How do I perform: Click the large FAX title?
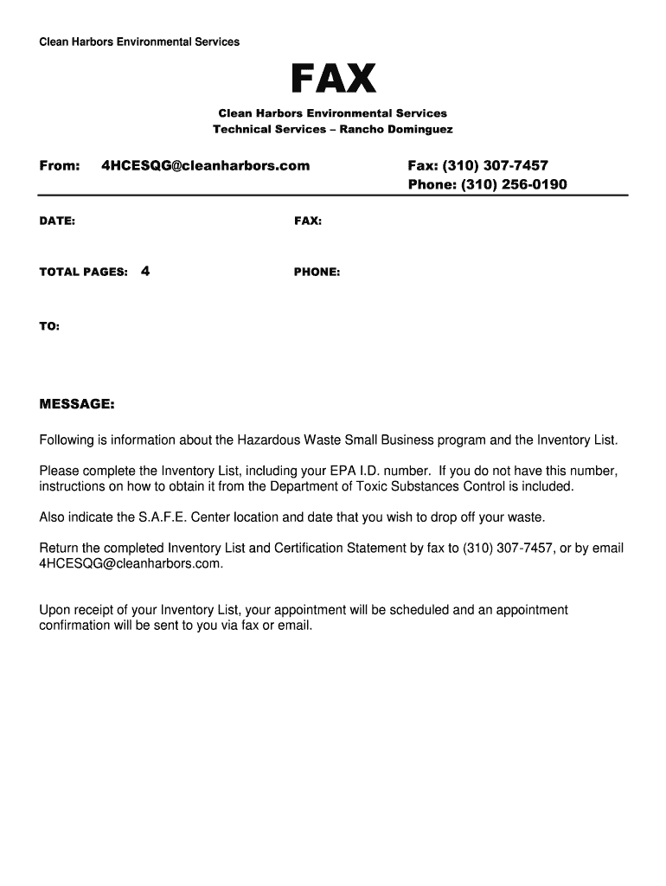333,80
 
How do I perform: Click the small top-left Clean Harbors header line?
139,42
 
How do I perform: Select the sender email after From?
205,165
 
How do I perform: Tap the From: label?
60,165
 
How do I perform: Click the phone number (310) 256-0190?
514,184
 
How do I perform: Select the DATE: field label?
57,221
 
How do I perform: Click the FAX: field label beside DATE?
308,221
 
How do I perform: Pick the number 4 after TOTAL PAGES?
144,271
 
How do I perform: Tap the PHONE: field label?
317,272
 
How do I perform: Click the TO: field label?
49,326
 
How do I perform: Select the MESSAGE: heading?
77,404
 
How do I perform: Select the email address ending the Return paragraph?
131,563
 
